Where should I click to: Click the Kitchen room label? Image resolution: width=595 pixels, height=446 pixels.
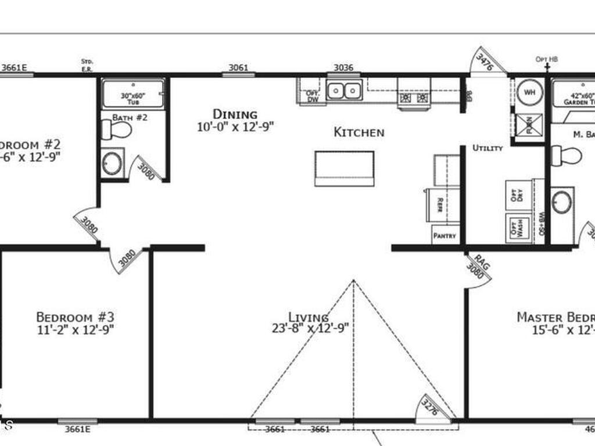(x=359, y=132)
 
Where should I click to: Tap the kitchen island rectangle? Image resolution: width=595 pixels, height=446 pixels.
(x=344, y=168)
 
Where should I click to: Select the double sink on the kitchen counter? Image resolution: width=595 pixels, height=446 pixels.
(x=344, y=91)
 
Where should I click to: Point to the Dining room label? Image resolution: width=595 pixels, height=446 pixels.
(x=235, y=114)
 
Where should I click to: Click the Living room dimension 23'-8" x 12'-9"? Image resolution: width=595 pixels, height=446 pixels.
(x=310, y=328)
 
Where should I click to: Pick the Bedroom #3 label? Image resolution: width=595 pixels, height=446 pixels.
(x=75, y=317)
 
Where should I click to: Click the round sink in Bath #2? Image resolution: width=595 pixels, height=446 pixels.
(x=112, y=164)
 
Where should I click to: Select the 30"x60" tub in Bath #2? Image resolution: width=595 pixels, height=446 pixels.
(x=133, y=94)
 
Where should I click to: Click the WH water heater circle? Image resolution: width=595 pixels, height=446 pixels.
(x=529, y=92)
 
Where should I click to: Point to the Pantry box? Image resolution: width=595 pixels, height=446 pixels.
(x=446, y=236)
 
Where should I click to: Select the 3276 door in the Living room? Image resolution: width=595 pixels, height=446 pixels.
(x=431, y=406)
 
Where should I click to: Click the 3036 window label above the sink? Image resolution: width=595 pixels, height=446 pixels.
(x=343, y=67)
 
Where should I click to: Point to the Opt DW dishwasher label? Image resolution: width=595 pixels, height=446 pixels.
(x=312, y=96)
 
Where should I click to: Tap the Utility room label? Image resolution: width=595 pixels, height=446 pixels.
(x=487, y=148)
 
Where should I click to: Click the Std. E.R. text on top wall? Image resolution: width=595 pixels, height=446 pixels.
(x=87, y=64)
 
